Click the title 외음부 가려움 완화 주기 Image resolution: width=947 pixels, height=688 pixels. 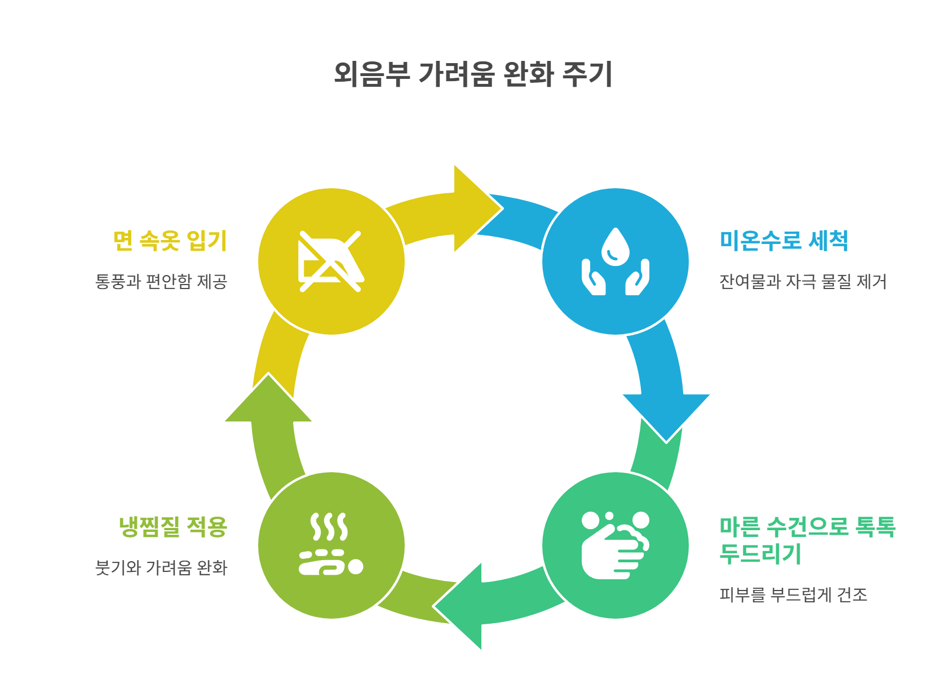click(x=473, y=74)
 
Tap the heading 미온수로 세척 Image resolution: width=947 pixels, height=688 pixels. click(x=784, y=241)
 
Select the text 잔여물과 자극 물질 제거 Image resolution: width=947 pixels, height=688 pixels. click(x=803, y=281)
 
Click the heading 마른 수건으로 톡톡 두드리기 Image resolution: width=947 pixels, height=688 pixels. click(x=807, y=540)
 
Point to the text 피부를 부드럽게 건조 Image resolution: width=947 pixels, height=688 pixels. click(x=793, y=594)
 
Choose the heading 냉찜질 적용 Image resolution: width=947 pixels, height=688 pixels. click(x=172, y=527)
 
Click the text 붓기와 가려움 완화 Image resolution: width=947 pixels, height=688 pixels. click(x=161, y=567)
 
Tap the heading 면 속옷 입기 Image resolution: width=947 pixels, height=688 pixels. click(x=170, y=241)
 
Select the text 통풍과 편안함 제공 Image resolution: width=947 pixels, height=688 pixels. click(x=161, y=281)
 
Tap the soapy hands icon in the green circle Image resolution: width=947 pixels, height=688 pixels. click(x=615, y=545)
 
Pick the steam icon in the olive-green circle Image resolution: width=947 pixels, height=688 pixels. click(x=331, y=545)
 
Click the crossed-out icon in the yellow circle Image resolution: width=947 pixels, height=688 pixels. click(x=331, y=261)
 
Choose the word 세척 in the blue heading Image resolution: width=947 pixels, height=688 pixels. click(x=828, y=241)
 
